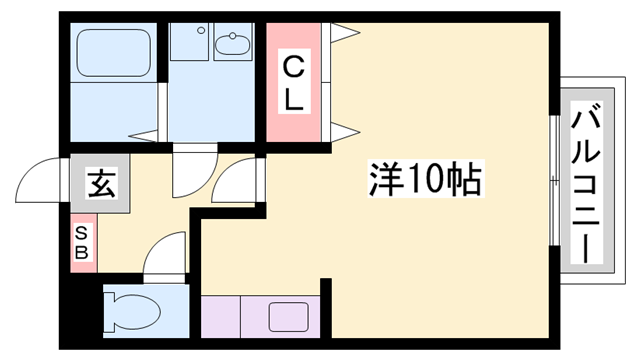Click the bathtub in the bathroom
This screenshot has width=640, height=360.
[114, 53]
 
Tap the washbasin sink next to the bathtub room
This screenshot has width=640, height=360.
[233, 44]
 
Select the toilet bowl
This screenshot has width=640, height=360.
[132, 312]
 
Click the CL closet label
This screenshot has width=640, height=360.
[294, 82]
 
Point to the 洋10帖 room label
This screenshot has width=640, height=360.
[426, 179]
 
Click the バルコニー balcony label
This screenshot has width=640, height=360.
[587, 182]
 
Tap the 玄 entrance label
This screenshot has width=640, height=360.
[101, 183]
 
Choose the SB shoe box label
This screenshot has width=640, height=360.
[82, 244]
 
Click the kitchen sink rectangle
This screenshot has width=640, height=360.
[288, 317]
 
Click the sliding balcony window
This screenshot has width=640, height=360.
[554, 180]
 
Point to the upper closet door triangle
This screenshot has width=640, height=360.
[345, 32]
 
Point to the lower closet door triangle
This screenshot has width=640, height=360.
[345, 132]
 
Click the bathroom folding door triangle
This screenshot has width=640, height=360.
[143, 136]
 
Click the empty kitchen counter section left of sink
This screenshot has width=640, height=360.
[221, 317]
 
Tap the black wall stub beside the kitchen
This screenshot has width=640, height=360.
[326, 308]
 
